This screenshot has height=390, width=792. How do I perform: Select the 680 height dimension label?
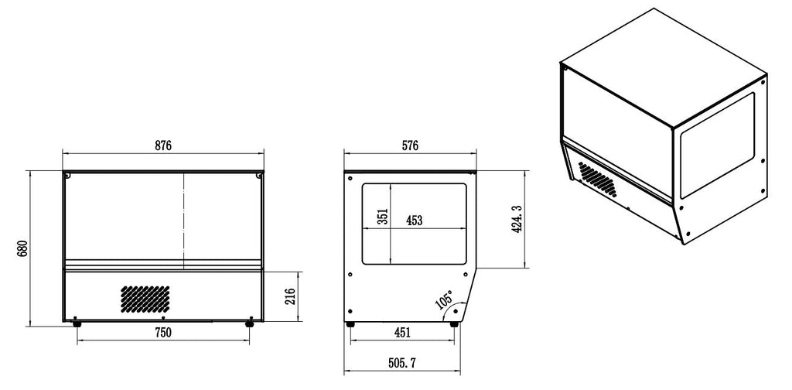click(x=22, y=248)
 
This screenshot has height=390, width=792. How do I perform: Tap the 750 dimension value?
click(x=162, y=333)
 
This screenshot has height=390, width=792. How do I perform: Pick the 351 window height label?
click(x=382, y=216)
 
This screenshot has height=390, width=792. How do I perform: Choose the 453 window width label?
click(x=414, y=221)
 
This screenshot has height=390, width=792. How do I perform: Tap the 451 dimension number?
click(x=402, y=333)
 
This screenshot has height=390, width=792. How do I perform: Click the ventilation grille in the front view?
click(x=145, y=297)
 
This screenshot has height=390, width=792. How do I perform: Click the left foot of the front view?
click(x=76, y=323)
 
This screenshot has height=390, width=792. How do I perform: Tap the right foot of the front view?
click(x=249, y=323)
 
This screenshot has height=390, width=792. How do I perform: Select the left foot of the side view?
click(x=350, y=323)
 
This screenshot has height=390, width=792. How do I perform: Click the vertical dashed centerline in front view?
click(x=184, y=217)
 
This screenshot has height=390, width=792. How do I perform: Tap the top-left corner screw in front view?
click(x=68, y=176)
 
